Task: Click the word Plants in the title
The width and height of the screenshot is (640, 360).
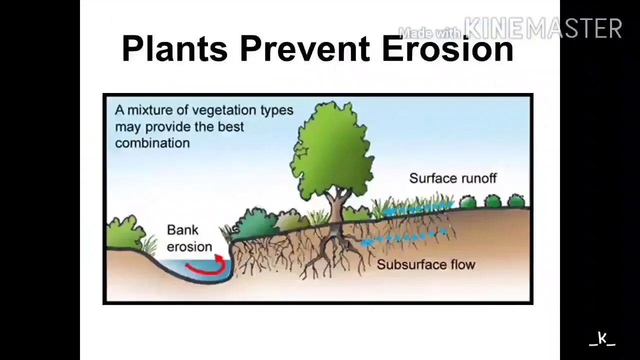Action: tap(174, 49)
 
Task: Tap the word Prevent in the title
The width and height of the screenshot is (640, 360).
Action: tap(304, 49)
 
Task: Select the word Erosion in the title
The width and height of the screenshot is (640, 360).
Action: tap(447, 49)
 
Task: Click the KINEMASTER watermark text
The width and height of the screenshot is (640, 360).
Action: tap(543, 28)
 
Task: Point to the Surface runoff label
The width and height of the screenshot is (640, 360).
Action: tap(452, 178)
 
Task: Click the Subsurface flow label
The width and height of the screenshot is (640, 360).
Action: tap(425, 264)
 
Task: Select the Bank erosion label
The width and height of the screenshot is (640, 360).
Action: tap(189, 238)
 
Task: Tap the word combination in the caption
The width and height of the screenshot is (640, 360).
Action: tap(152, 143)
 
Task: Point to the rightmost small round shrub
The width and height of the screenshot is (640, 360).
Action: tap(516, 201)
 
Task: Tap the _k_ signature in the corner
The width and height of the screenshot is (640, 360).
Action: tap(602, 339)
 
